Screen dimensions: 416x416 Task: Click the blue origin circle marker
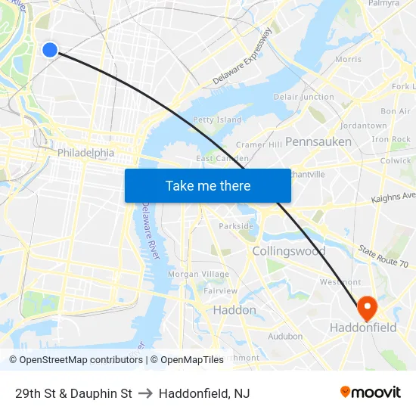tap(50, 50)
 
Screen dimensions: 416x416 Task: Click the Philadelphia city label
tap(85, 153)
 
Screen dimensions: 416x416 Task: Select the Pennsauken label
tap(318, 141)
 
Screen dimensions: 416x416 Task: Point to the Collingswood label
tap(288, 250)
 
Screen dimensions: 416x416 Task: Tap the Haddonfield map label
tap(363, 328)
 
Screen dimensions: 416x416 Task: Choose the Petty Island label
tap(217, 120)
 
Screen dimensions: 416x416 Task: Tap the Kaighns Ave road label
tap(393, 197)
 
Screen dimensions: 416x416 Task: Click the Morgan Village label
tap(198, 274)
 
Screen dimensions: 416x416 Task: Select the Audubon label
tap(285, 336)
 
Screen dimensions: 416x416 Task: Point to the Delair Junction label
tap(303, 97)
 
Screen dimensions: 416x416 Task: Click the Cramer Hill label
tap(259, 144)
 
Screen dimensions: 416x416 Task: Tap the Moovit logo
tap(370, 393)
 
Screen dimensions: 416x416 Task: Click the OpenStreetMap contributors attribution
tap(76, 360)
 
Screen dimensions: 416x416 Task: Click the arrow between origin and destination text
tap(145, 393)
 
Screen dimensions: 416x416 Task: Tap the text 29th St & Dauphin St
tap(73, 393)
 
